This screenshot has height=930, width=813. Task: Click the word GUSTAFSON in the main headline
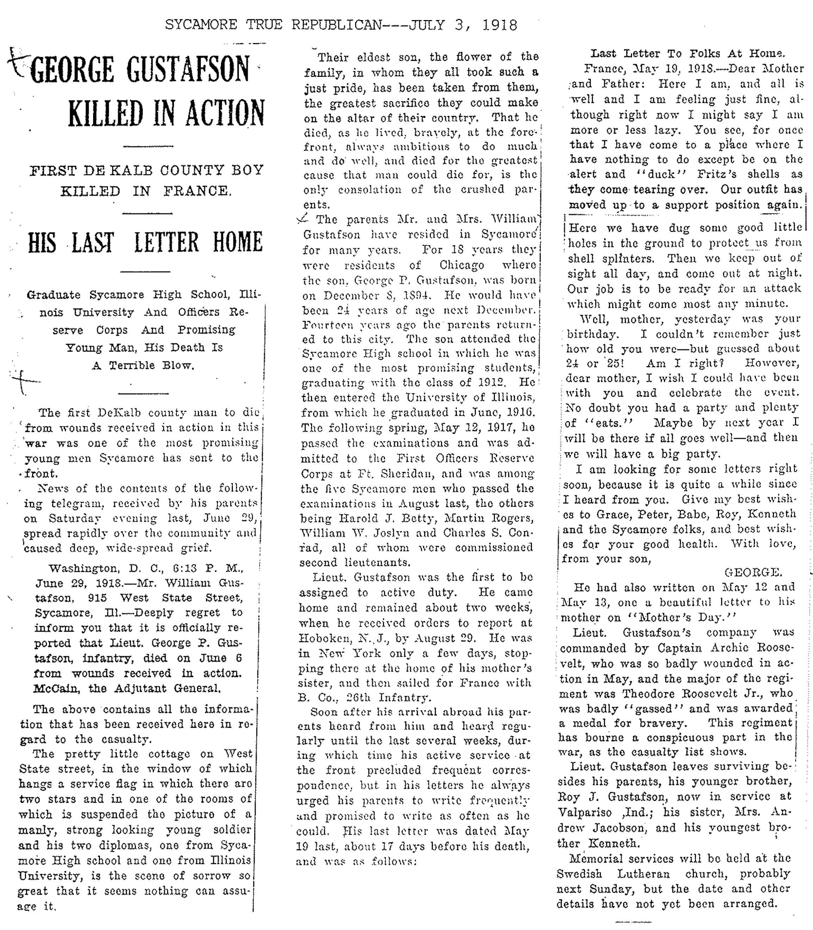(188, 70)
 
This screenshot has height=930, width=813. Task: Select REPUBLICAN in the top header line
(336, 25)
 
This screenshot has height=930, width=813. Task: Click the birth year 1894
(412, 295)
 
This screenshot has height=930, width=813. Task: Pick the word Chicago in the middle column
(462, 265)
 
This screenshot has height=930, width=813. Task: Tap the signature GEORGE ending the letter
(753, 572)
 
